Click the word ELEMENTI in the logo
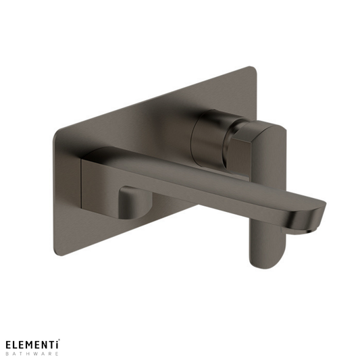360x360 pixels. pos(32,344)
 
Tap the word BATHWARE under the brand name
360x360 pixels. pos(32,354)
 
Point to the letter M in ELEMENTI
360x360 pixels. pos(31,344)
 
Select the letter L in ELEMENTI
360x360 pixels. pos(16,344)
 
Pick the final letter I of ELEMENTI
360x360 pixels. pos(57,344)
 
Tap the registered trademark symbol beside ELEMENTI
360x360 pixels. pos(60,340)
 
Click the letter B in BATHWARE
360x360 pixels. pos(7,354)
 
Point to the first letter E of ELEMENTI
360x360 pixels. pos(8,344)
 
